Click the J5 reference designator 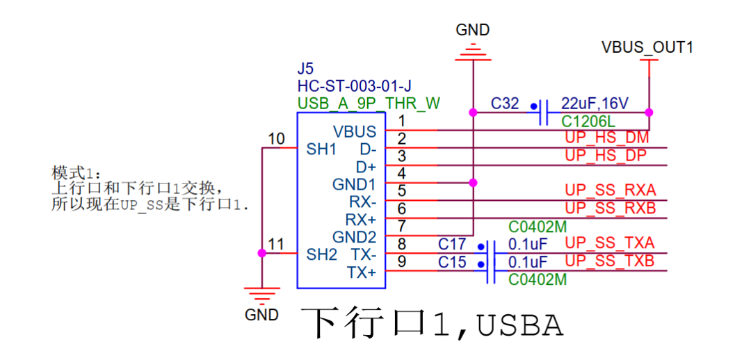point(305,69)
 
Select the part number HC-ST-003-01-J point(355,87)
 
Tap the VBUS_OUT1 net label point(647,47)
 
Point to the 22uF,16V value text point(595,104)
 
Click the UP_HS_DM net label point(607,138)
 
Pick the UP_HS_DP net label point(606,156)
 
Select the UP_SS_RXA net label point(611,190)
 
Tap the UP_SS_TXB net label point(610,261)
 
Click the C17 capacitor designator point(452,244)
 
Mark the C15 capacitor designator point(452,262)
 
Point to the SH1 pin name point(321,149)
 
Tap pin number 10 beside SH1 point(276,139)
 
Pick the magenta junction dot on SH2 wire point(262,253)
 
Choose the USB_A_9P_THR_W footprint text point(369,104)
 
